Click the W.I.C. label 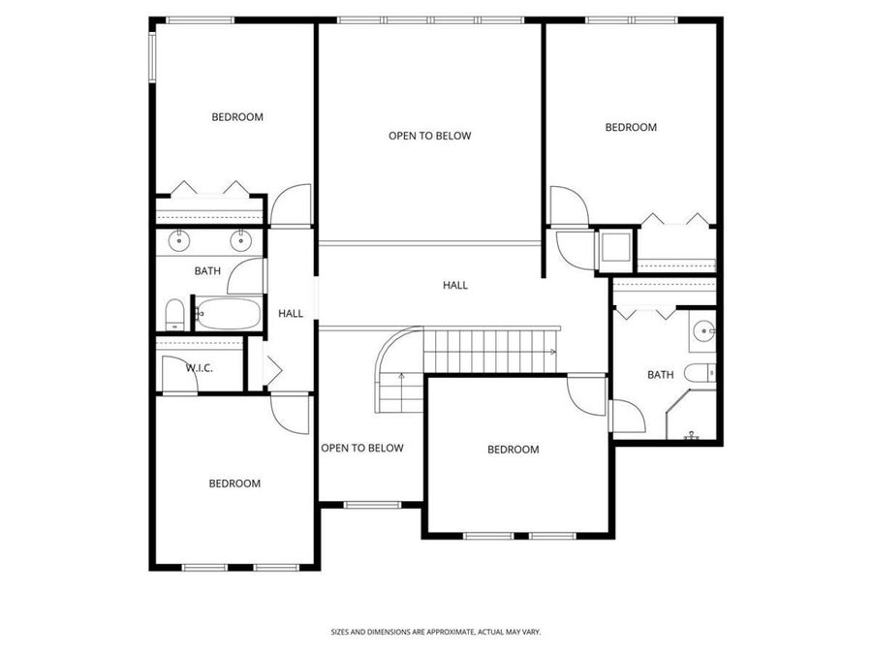[x=200, y=368]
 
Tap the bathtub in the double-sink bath [x=228, y=314]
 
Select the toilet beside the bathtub [x=175, y=314]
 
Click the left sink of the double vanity [x=180, y=241]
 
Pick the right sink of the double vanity [x=240, y=241]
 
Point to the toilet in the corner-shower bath [x=699, y=372]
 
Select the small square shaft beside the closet [x=614, y=249]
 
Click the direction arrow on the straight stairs [x=550, y=352]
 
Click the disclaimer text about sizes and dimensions [x=435, y=632]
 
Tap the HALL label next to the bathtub [x=291, y=314]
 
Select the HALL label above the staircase [x=455, y=285]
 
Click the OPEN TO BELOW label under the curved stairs [x=361, y=448]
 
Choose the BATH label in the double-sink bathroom [x=207, y=271]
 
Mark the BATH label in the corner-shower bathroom [x=660, y=375]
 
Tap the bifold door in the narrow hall [x=271, y=370]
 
